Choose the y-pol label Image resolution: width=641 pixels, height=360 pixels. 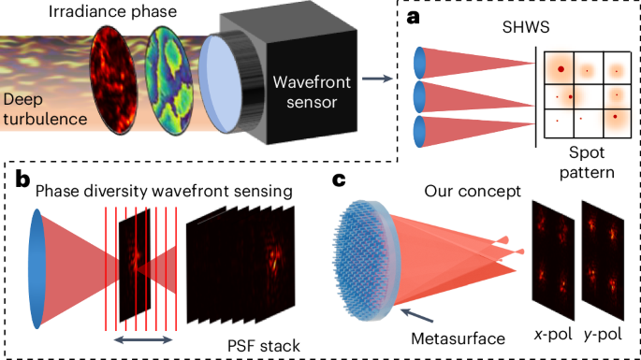[x=604, y=334]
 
